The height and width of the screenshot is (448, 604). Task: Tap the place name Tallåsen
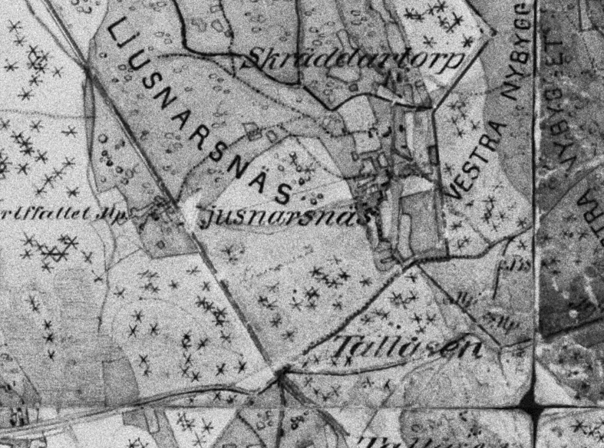[407, 348]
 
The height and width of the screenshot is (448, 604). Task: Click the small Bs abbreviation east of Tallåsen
[517, 265]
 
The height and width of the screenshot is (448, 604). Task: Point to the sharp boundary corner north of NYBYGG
[491, 32]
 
